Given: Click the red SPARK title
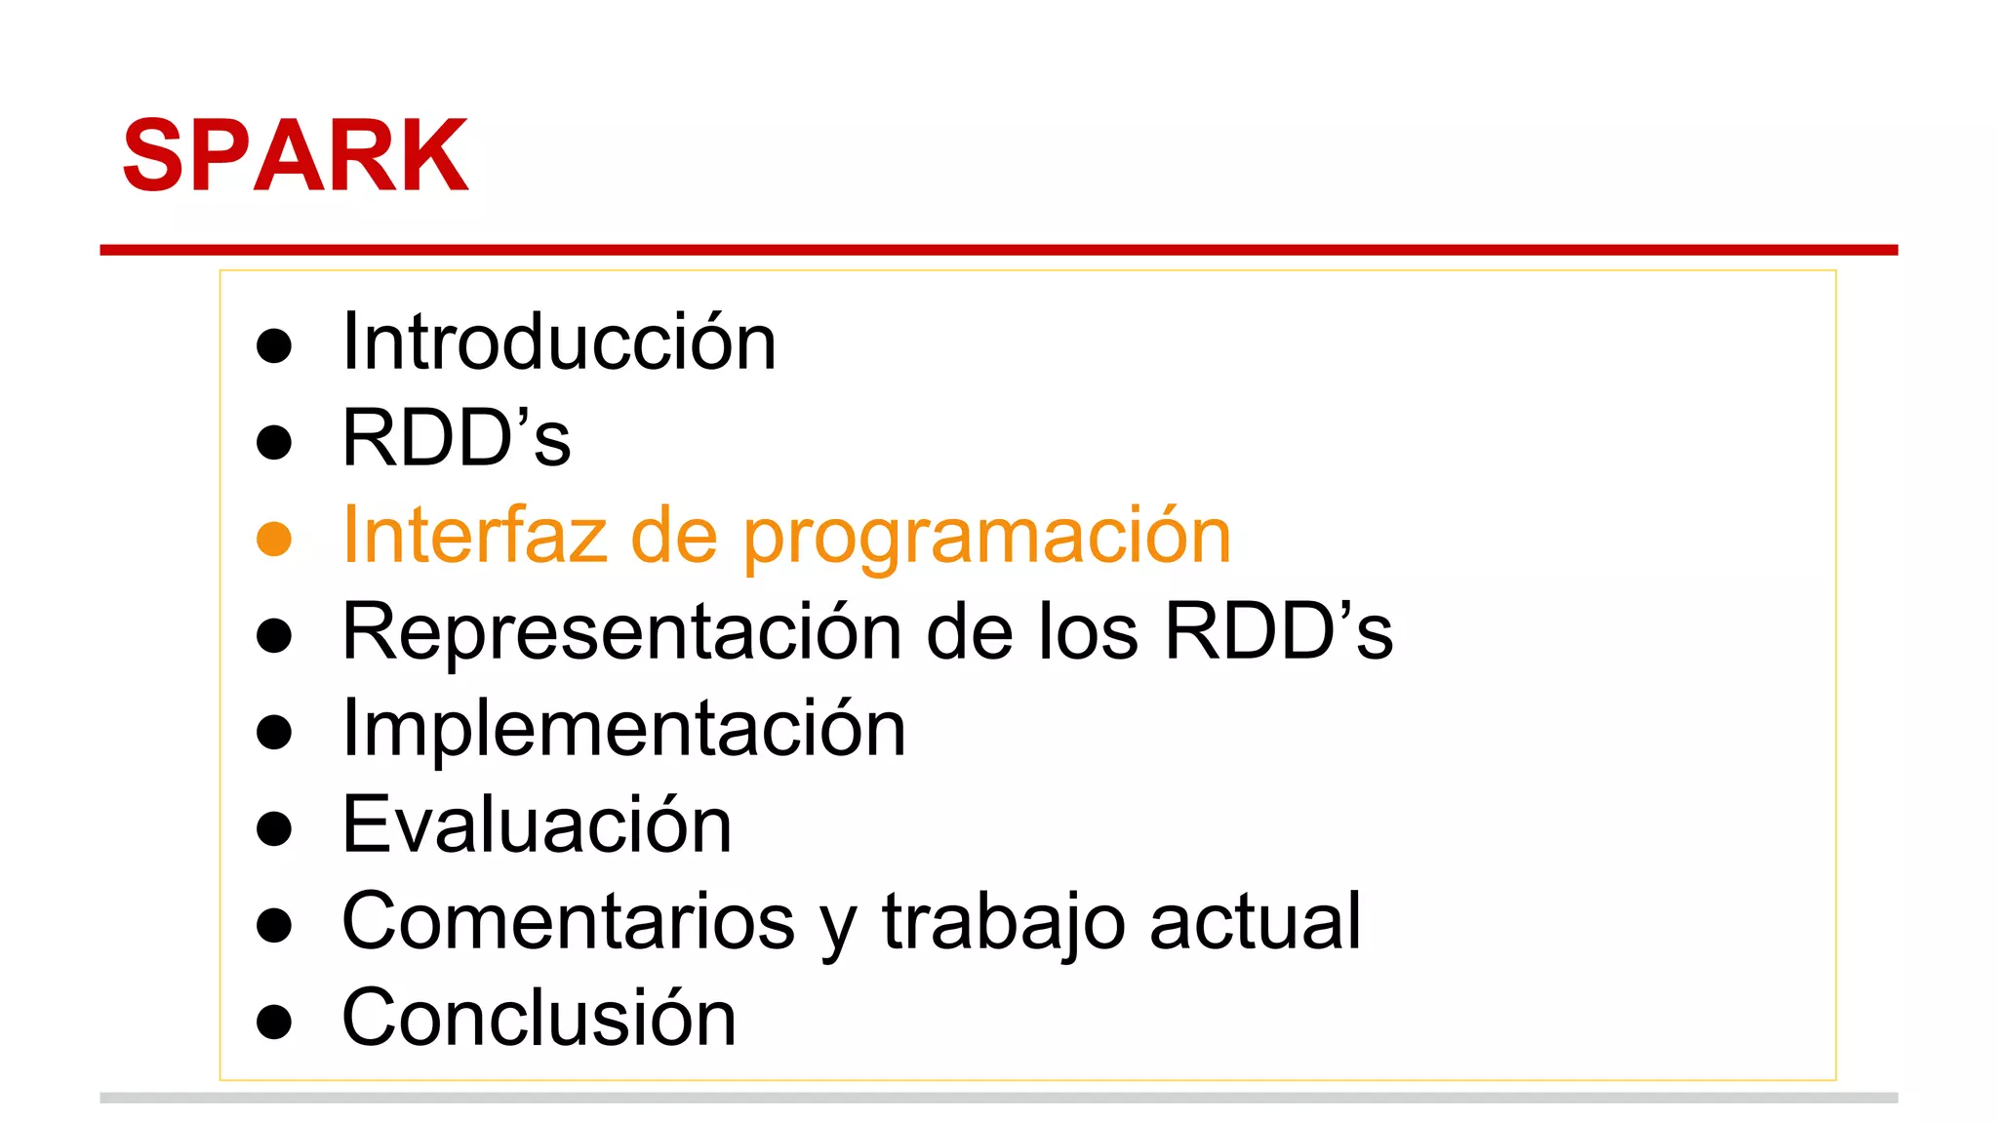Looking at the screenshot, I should pyautogui.click(x=296, y=156).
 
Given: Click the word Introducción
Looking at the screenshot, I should pyautogui.click(x=559, y=342).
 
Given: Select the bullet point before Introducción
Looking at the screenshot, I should pyautogui.click(x=274, y=345).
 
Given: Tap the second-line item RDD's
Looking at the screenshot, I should pyautogui.click(x=456, y=439).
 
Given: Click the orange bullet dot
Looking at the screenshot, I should pyautogui.click(x=274, y=539).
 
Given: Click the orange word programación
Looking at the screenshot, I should pyautogui.click(x=986, y=539).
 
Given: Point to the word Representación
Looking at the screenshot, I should pyautogui.click(x=621, y=633).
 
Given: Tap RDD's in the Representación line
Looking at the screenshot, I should pyautogui.click(x=1278, y=631).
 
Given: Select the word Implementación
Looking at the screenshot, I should pyautogui.click(x=624, y=730).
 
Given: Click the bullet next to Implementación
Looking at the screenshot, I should pyautogui.click(x=274, y=732).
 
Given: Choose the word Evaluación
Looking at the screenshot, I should pyautogui.click(x=537, y=825).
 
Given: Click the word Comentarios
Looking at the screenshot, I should pyautogui.click(x=569, y=922).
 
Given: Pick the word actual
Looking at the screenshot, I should pyautogui.click(x=1255, y=922).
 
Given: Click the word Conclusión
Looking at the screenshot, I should pyautogui.click(x=539, y=1019).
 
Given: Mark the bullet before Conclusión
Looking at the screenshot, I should pyautogui.click(x=274, y=1022).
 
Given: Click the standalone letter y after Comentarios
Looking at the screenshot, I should pyautogui.click(x=839, y=929).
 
